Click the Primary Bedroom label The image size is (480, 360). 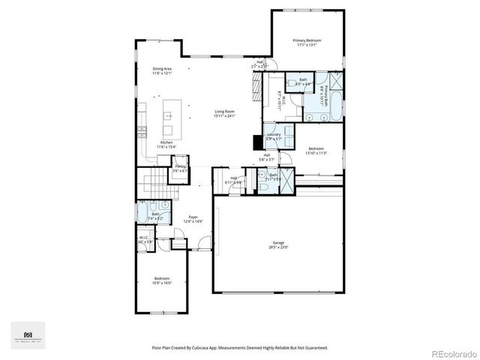click(307, 40)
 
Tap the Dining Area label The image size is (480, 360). click(163, 68)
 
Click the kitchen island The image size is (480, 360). click(169, 116)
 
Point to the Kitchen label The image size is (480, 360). click(166, 142)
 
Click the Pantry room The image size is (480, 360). click(180, 166)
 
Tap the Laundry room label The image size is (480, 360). click(274, 134)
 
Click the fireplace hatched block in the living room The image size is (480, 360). click(257, 93)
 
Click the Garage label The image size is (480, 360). click(277, 241)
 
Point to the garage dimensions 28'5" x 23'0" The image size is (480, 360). click(277, 247)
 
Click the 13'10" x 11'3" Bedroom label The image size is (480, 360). click(316, 148)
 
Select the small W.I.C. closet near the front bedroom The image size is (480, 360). click(145, 239)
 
